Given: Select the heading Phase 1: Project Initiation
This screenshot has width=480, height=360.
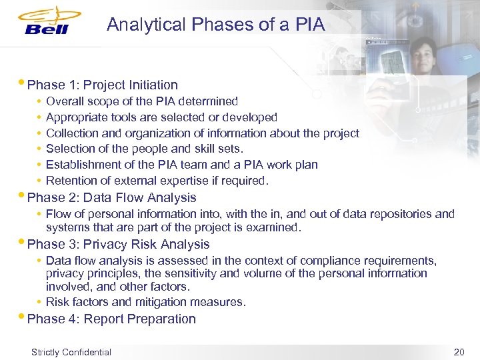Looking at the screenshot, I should pos(103,85).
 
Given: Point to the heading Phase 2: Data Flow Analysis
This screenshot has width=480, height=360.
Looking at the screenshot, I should pos(112,197).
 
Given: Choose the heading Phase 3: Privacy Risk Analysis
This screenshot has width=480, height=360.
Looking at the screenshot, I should pos(119,244).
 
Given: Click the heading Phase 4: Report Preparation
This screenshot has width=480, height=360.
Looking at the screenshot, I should pos(112,319).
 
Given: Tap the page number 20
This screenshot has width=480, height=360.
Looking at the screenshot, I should pos(459,352).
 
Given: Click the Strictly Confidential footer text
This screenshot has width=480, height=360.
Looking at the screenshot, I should pos(71,352).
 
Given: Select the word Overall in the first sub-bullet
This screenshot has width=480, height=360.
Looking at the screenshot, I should pos(65,101).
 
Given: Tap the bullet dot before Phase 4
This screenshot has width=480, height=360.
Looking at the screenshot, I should pos(24,317).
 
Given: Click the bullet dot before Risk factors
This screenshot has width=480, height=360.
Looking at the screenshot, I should pos(40,302).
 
